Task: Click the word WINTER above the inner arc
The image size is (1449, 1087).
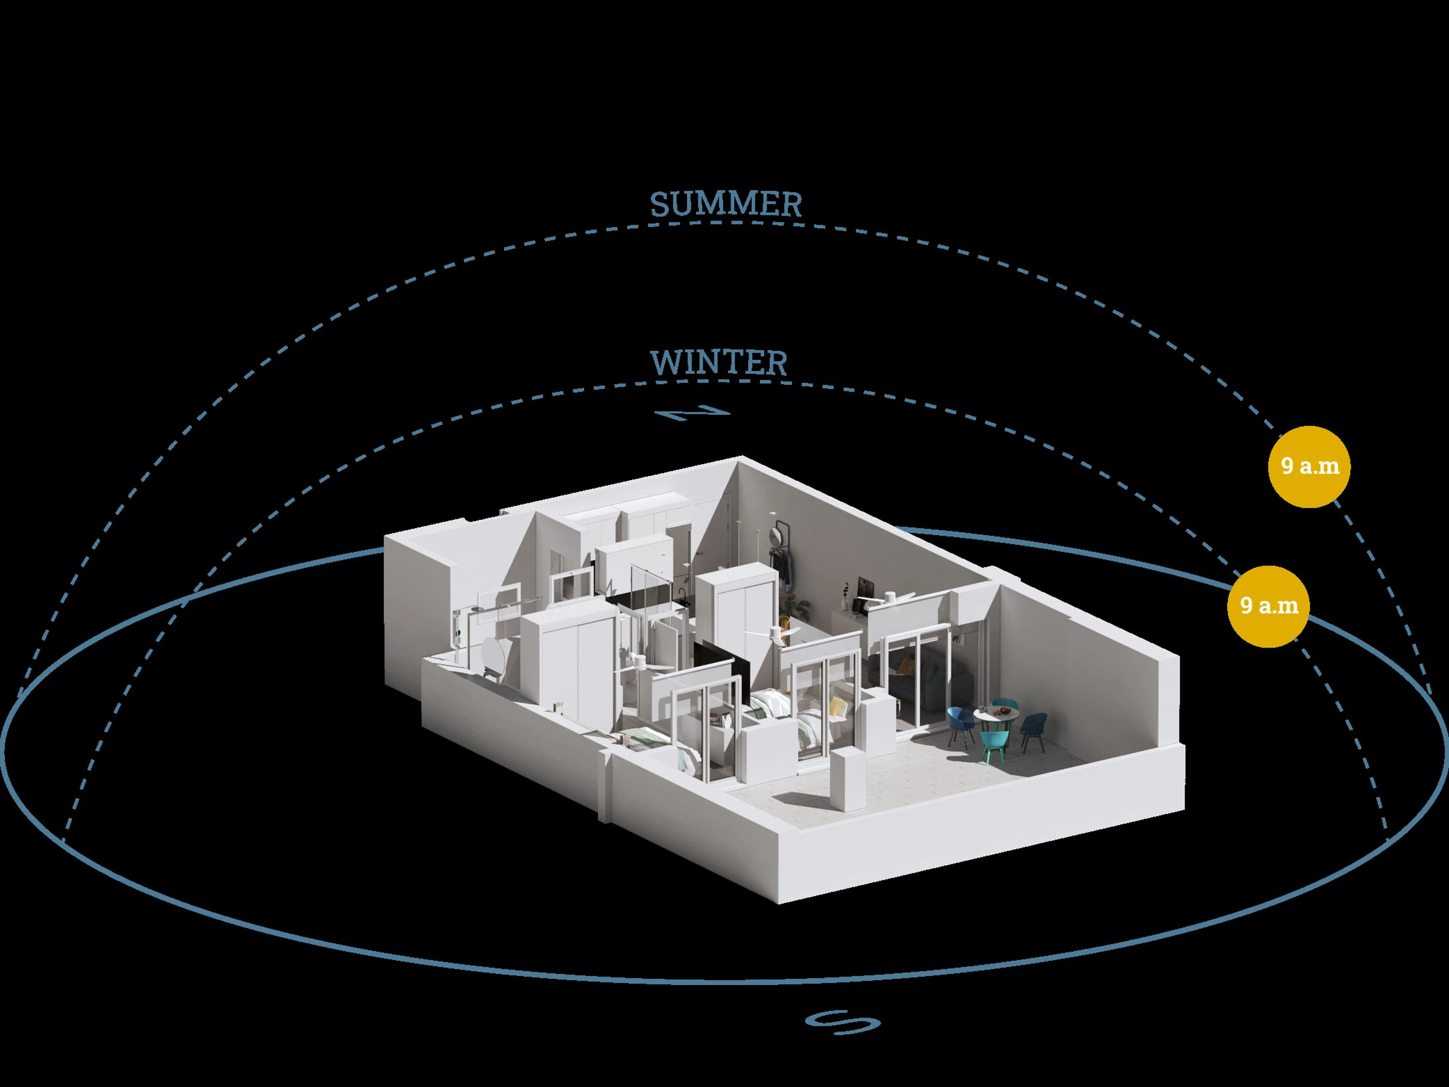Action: point(718,363)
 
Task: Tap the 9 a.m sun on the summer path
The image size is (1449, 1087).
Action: point(1310,467)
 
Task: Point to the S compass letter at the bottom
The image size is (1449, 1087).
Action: point(842,1022)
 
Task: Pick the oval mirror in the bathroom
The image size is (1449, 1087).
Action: point(492,662)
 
